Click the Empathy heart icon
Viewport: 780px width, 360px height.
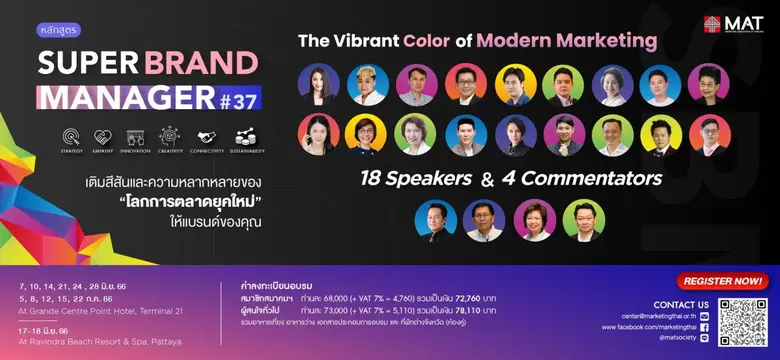(x=103, y=135)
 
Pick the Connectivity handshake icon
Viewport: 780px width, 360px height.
(x=206, y=135)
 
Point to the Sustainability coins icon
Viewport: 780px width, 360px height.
(x=244, y=135)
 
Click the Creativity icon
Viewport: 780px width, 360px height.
(x=170, y=135)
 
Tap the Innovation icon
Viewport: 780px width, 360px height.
(x=136, y=135)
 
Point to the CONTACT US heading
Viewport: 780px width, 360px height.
(x=681, y=303)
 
